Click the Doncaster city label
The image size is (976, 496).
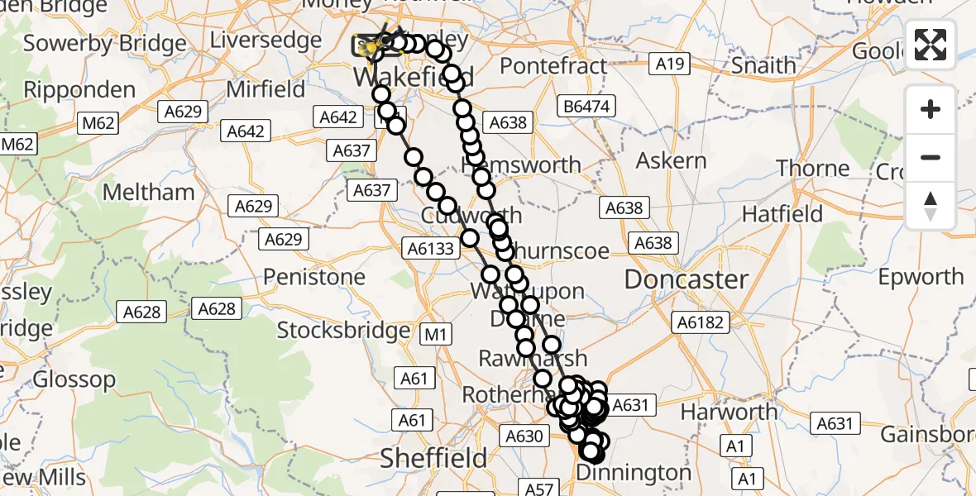pyautogui.click(x=686, y=279)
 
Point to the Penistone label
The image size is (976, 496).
pyautogui.click(x=314, y=276)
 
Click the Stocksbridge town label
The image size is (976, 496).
pyautogui.click(x=342, y=331)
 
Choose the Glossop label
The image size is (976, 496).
pyautogui.click(x=74, y=380)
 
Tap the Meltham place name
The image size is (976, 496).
pyautogui.click(x=149, y=193)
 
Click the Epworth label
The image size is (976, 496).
pyautogui.click(x=921, y=276)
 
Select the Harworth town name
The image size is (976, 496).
pyautogui.click(x=729, y=411)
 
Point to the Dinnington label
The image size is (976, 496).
pyautogui.click(x=634, y=473)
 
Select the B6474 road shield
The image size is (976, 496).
pyautogui.click(x=586, y=106)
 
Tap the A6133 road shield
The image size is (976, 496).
pyautogui.click(x=430, y=247)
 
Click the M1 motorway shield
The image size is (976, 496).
pyautogui.click(x=436, y=334)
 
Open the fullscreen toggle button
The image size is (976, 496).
pyautogui.click(x=931, y=45)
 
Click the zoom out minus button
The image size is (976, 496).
pyautogui.click(x=931, y=157)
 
